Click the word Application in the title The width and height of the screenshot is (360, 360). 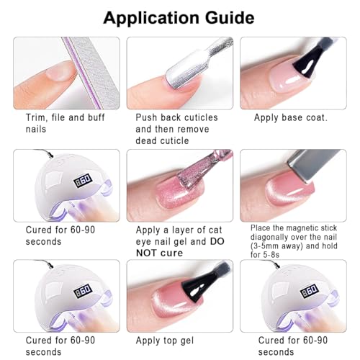[x=151, y=19]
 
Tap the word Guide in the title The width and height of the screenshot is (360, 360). [x=230, y=17]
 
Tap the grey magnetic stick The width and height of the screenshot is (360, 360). [x=312, y=166]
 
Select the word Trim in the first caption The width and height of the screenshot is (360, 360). [x=35, y=117]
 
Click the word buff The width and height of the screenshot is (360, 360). [x=96, y=117]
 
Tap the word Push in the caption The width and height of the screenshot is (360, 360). [x=146, y=117]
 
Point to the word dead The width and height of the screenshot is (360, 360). [x=146, y=140]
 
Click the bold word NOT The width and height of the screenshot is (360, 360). [x=145, y=253]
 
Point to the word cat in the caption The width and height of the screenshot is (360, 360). [x=215, y=230]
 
